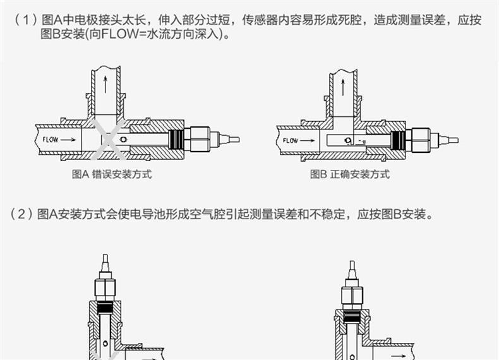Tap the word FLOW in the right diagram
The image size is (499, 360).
click(291, 140)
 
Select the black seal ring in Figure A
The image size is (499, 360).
click(179, 138)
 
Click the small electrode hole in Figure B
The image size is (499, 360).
click(347, 140)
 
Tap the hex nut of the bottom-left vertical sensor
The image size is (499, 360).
click(106, 287)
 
